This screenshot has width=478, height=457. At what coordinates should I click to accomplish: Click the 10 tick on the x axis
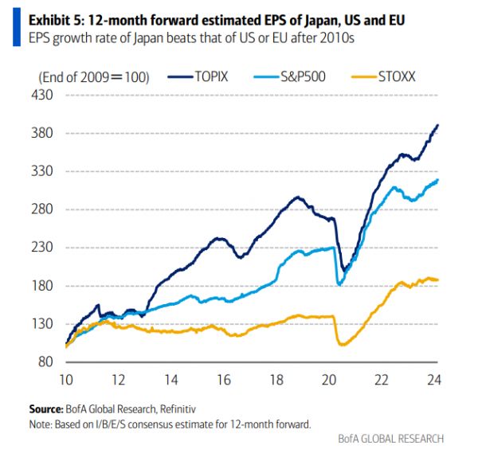(x=66, y=378)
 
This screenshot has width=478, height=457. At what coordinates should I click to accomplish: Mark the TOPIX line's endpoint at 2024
(x=438, y=125)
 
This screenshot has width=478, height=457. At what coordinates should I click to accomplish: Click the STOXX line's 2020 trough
(x=343, y=344)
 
